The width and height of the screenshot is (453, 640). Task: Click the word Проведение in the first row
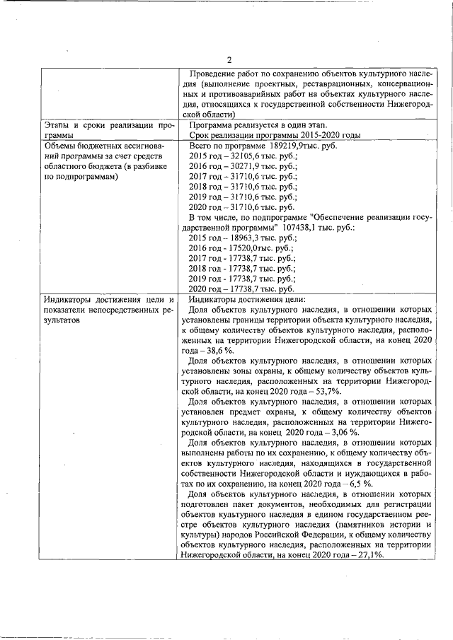pos(213,73)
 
